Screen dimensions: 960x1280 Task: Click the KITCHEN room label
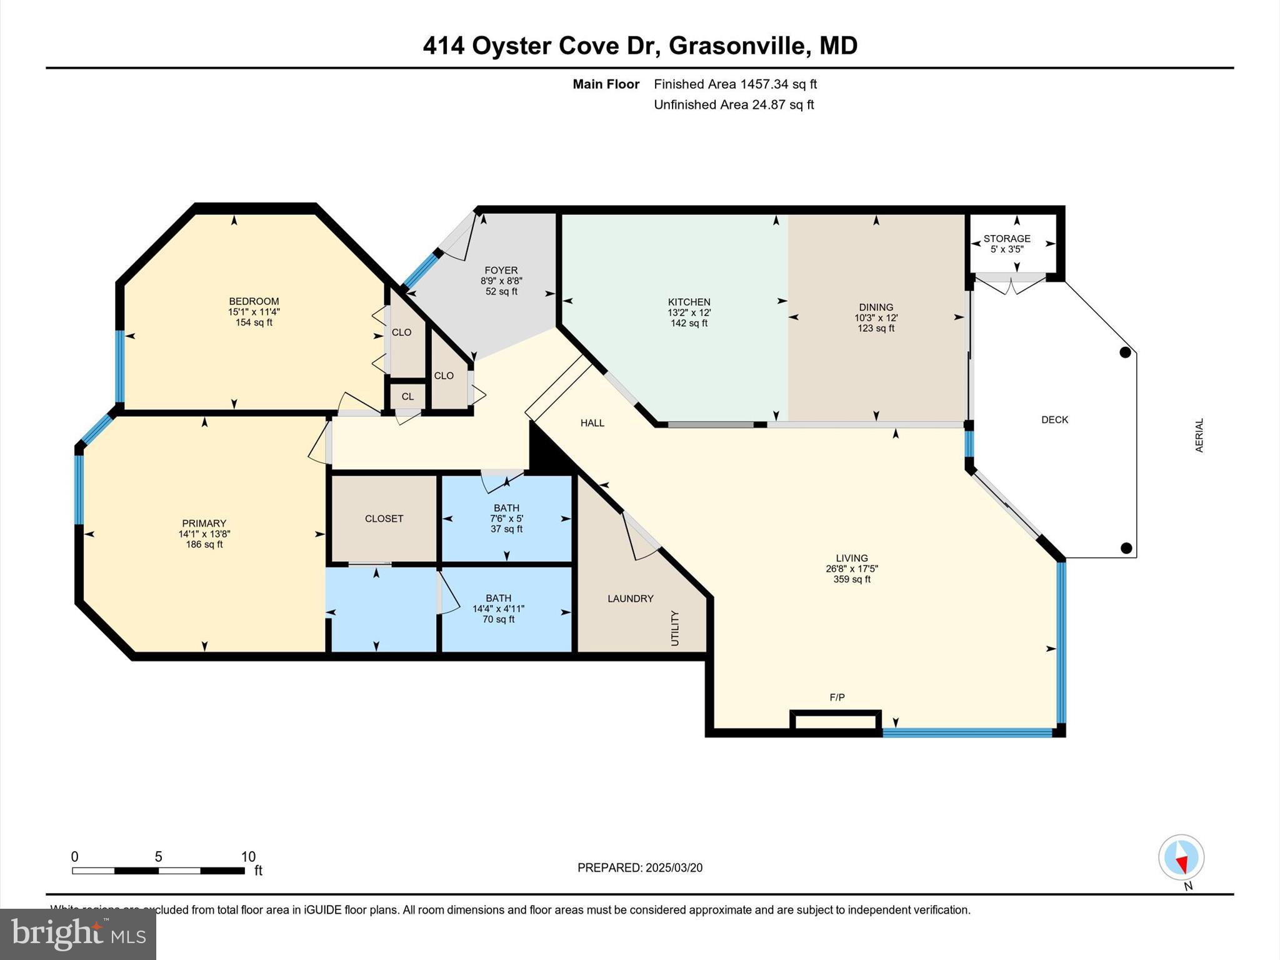pyautogui.click(x=689, y=302)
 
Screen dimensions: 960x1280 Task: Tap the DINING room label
pyautogui.click(x=876, y=307)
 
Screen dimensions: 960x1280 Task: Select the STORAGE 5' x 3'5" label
pyautogui.click(x=1006, y=243)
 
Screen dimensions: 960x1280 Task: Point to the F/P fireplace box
pyautogui.click(x=836, y=721)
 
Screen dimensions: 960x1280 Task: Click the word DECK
pyautogui.click(x=1054, y=420)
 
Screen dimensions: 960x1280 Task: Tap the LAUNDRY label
pyautogui.click(x=630, y=599)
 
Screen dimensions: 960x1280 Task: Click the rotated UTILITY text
pyautogui.click(x=674, y=628)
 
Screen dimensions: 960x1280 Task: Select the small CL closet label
pyautogui.click(x=407, y=396)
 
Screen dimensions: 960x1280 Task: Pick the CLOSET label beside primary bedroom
pyautogui.click(x=384, y=519)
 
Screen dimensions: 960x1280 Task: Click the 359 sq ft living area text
pyautogui.click(x=851, y=579)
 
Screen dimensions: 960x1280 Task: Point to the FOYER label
pyautogui.click(x=501, y=271)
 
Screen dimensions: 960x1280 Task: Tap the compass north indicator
pyautogui.click(x=1181, y=858)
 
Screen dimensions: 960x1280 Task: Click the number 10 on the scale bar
pyautogui.click(x=248, y=857)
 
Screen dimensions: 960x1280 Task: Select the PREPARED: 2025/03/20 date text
pyautogui.click(x=639, y=867)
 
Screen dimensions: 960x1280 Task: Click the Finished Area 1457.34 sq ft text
pyautogui.click(x=735, y=84)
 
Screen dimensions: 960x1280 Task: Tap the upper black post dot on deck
pyautogui.click(x=1125, y=352)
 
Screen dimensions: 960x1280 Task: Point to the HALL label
pyautogui.click(x=592, y=423)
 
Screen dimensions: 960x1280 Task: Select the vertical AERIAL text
pyautogui.click(x=1199, y=436)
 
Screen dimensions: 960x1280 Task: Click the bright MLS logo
pyautogui.click(x=78, y=934)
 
